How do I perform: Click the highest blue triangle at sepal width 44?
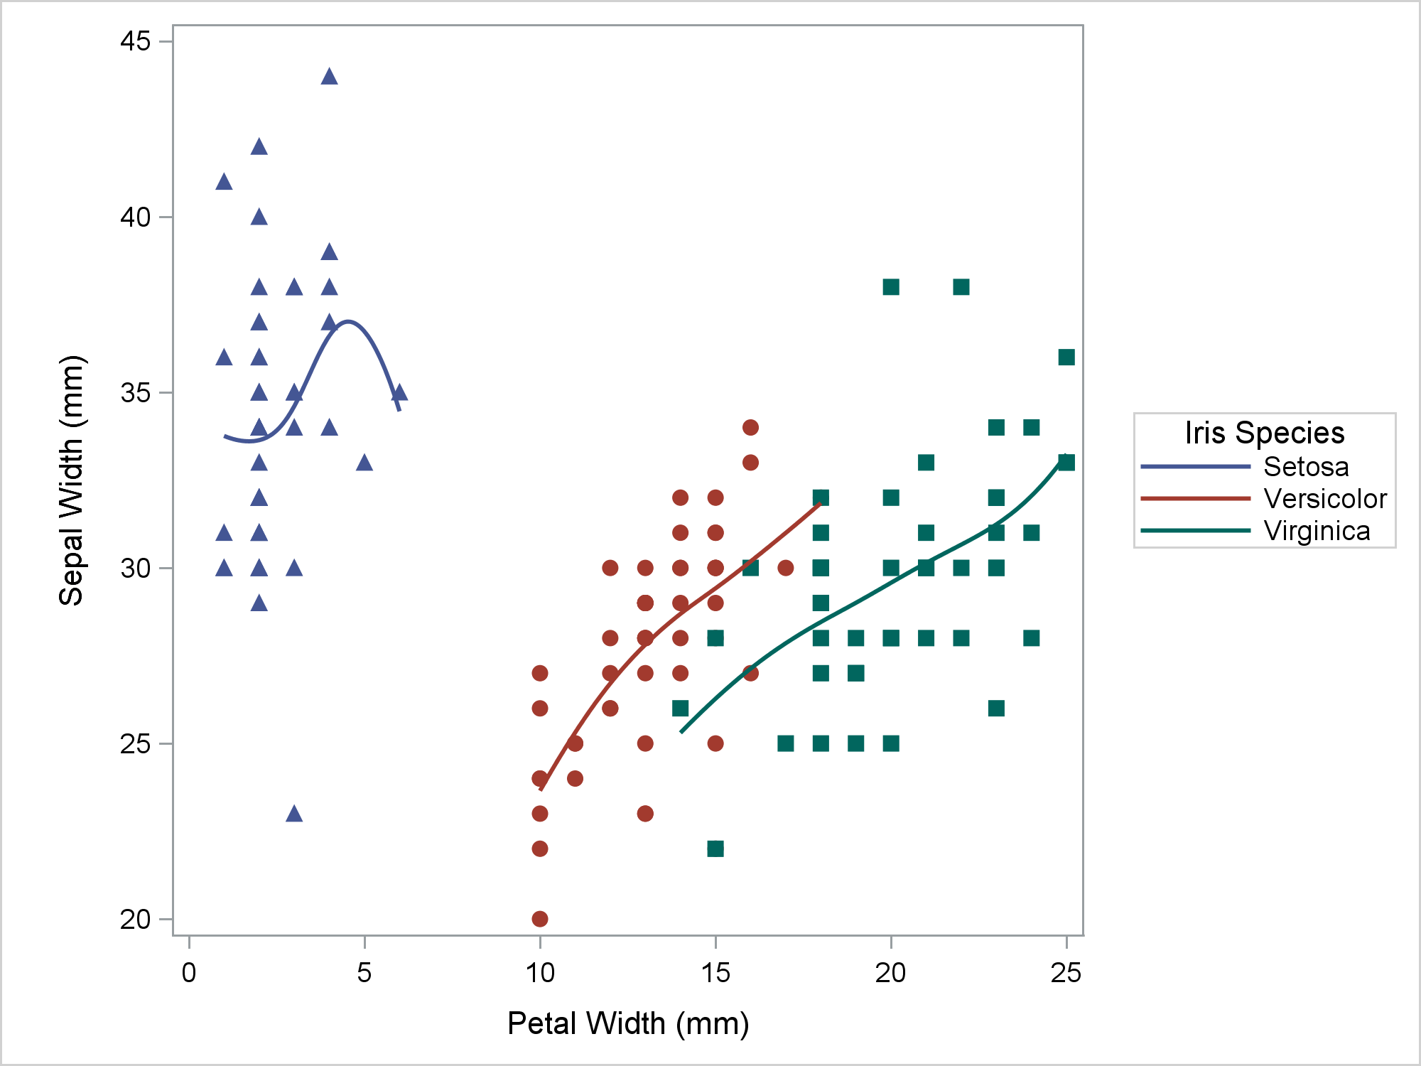[329, 77]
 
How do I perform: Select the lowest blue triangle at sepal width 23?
[294, 814]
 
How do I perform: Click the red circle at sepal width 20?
[540, 919]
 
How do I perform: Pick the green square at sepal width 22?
[715, 849]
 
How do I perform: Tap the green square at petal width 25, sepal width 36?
[1066, 357]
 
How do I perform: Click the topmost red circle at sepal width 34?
[750, 427]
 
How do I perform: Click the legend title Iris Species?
[1265, 433]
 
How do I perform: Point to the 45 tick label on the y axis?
[136, 41]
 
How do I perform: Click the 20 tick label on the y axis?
[136, 919]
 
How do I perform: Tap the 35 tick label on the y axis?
[136, 392]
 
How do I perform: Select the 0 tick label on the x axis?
[189, 971]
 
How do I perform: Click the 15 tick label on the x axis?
[715, 971]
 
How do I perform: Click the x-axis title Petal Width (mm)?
[628, 1023]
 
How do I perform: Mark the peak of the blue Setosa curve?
[348, 322]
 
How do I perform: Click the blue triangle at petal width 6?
[399, 392]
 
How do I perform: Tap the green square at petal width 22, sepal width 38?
[961, 287]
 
